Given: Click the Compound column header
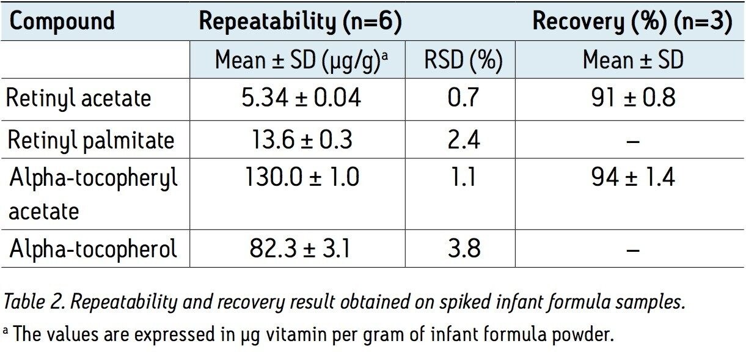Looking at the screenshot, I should [62, 21].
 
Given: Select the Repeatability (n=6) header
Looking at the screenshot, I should [300, 21].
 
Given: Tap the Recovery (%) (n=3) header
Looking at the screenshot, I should [632, 21].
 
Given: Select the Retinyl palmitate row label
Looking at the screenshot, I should [91, 140].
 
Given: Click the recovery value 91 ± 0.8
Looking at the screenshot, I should [632, 98].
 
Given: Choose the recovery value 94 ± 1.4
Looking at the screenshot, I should [632, 178].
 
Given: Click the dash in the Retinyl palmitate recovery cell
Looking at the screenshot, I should [633, 141].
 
